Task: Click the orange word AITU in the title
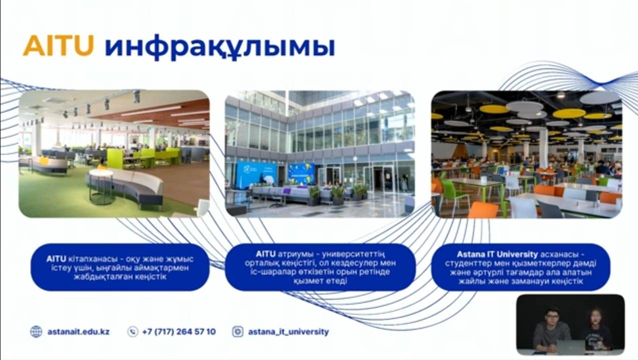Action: [59, 45]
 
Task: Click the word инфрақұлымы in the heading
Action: [220, 47]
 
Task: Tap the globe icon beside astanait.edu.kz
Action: [36, 332]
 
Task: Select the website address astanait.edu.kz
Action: [79, 332]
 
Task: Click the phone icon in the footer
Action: [133, 332]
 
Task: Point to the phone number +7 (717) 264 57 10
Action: [179, 332]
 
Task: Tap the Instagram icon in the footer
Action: [238, 332]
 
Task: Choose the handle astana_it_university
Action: [289, 332]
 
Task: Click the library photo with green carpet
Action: [114, 153]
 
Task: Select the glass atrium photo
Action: [320, 153]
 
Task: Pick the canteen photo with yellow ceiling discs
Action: [526, 154]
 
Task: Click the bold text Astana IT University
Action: [497, 254]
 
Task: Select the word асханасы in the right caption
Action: [560, 254]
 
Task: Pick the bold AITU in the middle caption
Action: [265, 254]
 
